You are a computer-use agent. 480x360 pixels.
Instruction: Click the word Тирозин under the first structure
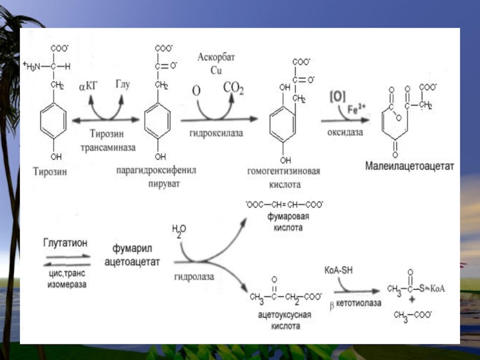[x=50, y=172]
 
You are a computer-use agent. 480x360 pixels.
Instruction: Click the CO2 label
[x=233, y=89]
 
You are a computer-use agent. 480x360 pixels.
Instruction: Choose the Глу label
[x=122, y=85]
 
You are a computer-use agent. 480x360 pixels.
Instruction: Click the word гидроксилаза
[x=217, y=133]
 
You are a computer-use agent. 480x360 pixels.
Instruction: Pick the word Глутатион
[x=65, y=243]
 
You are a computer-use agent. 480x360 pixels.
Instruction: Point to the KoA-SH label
[x=338, y=270]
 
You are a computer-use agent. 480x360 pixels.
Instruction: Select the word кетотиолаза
[x=359, y=304]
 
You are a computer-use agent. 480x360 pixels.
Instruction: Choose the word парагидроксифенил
[x=160, y=171]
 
